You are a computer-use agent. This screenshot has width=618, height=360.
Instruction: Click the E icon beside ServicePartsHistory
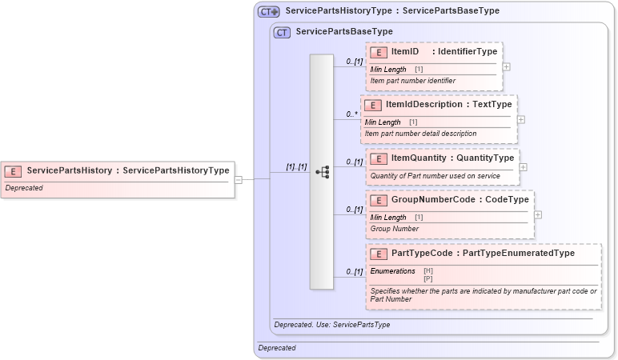click(x=13, y=170)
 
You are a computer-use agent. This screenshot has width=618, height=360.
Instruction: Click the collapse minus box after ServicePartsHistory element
click(x=238, y=179)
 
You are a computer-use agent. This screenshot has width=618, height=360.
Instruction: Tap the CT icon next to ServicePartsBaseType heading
click(x=282, y=32)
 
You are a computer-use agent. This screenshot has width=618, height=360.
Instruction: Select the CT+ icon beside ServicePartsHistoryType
click(x=268, y=11)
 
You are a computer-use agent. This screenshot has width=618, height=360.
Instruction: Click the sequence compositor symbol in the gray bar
click(x=322, y=172)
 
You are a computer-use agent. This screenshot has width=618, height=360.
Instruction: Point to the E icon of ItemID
click(x=379, y=52)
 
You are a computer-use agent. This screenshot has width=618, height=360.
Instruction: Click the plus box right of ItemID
click(x=506, y=66)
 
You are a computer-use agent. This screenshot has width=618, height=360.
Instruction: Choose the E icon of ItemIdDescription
click(x=372, y=105)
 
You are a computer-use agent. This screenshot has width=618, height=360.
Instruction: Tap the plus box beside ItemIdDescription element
click(x=521, y=119)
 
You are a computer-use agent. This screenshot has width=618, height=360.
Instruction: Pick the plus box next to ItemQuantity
click(x=523, y=167)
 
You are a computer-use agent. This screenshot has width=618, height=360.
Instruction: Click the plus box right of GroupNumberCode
click(x=538, y=214)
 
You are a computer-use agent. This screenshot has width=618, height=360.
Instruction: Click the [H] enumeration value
click(x=427, y=271)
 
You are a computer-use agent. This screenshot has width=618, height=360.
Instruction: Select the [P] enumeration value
click(x=427, y=278)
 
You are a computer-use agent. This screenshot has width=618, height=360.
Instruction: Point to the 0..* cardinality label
click(x=351, y=114)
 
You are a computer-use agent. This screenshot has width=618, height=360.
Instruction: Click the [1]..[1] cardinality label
click(x=296, y=167)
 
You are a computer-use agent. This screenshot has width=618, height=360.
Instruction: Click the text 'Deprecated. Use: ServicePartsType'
click(x=333, y=325)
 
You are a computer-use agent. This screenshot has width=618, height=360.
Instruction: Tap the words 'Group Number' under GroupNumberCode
click(x=394, y=229)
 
